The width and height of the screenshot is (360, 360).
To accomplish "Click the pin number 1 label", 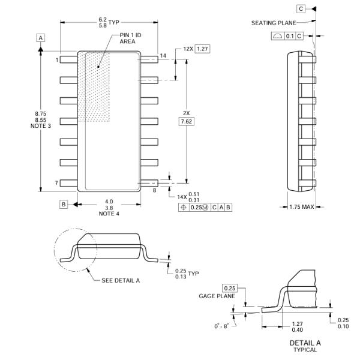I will [58, 60].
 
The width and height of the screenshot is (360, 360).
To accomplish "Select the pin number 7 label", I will [58, 182].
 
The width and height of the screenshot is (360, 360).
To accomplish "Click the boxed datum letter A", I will [41, 38].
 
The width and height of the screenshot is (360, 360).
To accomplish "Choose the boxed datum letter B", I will [63, 204].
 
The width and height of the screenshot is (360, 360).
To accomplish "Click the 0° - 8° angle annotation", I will [225, 326].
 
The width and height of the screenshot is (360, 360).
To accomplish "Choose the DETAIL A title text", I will [305, 343].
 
